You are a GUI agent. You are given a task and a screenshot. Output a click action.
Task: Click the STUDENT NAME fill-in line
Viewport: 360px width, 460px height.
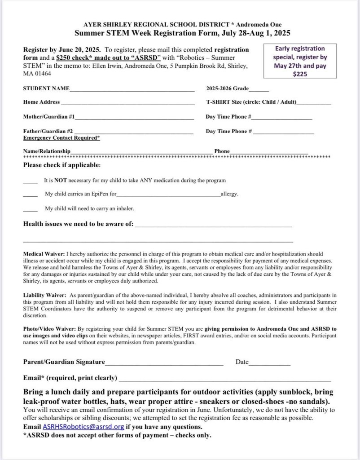pyautogui.click(x=132, y=91)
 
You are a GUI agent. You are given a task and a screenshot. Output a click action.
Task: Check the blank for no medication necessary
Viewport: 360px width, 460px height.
pyautogui.click(x=30, y=182)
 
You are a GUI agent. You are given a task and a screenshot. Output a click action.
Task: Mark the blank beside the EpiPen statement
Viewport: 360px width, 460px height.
pyautogui.click(x=30, y=196)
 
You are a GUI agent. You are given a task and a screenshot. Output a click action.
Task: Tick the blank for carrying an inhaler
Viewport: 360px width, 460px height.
pyautogui.click(x=30, y=210)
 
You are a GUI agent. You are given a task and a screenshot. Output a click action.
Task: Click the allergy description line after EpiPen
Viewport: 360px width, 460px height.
pyautogui.click(x=168, y=196)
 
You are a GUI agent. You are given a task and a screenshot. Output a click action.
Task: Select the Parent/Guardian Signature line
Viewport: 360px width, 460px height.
pyautogui.click(x=164, y=364)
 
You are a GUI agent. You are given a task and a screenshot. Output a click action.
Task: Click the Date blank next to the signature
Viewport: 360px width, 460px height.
pyautogui.click(x=269, y=364)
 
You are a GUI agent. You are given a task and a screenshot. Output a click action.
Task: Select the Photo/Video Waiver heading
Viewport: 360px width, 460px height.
pyautogui.click(x=50, y=329)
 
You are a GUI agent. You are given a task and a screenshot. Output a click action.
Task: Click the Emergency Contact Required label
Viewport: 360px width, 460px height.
pyautogui.click(x=61, y=138)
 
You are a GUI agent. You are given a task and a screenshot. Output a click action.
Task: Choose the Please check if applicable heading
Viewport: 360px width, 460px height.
pyautogui.click(x=62, y=165)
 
